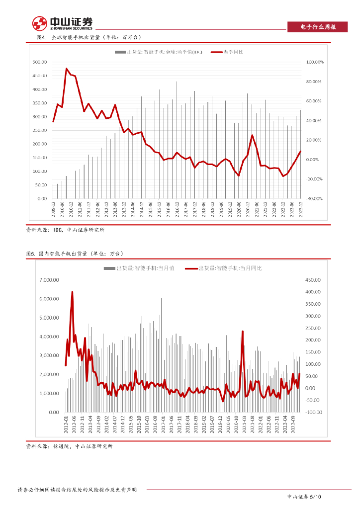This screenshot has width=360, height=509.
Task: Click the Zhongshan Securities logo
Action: click(62, 23)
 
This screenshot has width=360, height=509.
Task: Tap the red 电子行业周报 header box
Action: click(318, 27)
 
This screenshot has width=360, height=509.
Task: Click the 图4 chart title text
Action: click(85, 38)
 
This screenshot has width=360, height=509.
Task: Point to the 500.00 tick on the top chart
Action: click(39, 62)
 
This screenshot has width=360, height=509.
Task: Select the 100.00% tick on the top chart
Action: click(315, 62)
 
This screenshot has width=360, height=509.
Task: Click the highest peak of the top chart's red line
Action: click(67, 69)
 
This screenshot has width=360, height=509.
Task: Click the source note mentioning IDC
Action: click(65, 230)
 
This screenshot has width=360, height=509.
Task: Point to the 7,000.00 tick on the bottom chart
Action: click(49, 280)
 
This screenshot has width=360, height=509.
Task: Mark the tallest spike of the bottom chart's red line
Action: click(73, 292)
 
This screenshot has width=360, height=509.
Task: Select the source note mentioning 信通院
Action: click(69, 446)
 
